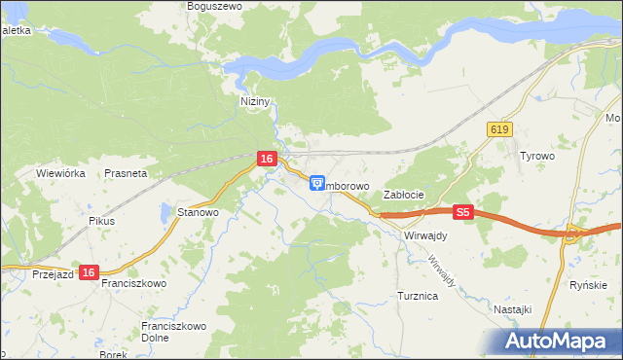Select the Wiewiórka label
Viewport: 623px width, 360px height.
click(61, 173)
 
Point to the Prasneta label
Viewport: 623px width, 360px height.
click(126, 173)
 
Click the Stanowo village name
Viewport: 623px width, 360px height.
click(198, 211)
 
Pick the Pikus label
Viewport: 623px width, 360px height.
click(101, 221)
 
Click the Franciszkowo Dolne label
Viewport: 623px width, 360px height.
click(169, 332)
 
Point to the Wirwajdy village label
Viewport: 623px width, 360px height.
click(424, 235)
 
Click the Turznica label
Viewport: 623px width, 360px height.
click(418, 295)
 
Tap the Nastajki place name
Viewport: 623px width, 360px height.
click(512, 308)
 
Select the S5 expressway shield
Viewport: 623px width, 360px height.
click(462, 211)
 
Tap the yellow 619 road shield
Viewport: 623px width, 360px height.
click(500, 129)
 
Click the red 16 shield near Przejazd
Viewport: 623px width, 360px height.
click(89, 274)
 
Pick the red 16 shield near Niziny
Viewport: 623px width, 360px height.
click(266, 158)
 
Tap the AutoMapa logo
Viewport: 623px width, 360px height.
click(559, 341)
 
